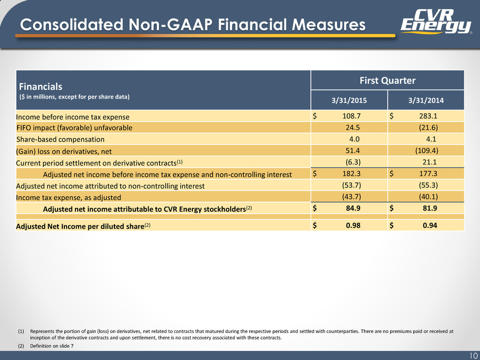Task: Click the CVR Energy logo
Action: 436,21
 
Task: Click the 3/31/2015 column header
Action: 349,101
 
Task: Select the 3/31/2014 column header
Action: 426,101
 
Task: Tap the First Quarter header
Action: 387,81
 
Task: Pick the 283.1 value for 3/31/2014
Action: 428,116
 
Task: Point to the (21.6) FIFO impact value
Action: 428,128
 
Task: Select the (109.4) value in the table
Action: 426,151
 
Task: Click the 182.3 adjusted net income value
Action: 351,174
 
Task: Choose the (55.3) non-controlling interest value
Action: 428,185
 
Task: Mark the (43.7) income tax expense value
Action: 351,197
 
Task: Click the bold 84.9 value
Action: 353,208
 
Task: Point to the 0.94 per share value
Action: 430,226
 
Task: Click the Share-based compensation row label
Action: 60,139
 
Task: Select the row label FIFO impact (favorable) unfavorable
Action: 75,128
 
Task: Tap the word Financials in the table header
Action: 41,87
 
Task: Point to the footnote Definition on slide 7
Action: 52,346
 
